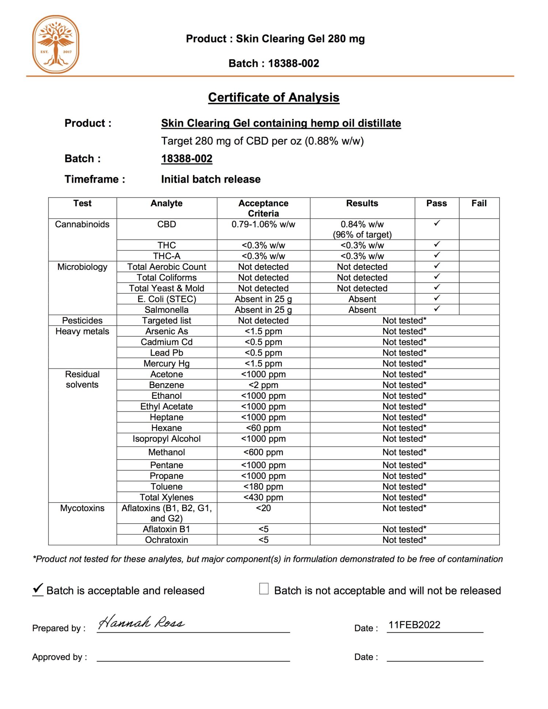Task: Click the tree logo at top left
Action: point(56,44)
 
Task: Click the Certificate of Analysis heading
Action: point(273,97)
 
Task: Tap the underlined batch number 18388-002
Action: point(187,159)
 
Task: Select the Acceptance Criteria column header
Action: point(263,208)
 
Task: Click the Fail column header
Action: point(479,203)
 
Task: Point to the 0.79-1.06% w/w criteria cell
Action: point(263,224)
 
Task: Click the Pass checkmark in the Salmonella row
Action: point(437,309)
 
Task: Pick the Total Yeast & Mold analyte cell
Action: point(167,288)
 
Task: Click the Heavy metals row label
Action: point(82,331)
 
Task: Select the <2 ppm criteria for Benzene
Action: point(263,385)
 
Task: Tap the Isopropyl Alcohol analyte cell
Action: point(167,439)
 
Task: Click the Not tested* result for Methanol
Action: point(404,452)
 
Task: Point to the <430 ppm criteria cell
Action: point(263,497)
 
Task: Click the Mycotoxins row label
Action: point(82,508)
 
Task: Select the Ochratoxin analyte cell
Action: point(167,540)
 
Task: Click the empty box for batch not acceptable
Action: point(264,588)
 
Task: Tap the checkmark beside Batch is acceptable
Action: point(38,588)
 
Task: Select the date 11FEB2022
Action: point(414,625)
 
